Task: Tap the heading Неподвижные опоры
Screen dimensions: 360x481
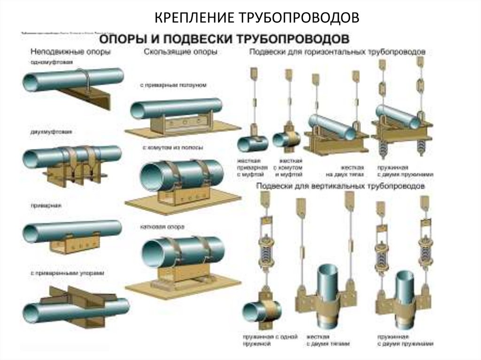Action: pyautogui.click(x=70, y=52)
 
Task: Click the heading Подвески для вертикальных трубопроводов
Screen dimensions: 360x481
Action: pyautogui.click(x=341, y=186)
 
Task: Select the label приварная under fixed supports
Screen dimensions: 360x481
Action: pyautogui.click(x=41, y=205)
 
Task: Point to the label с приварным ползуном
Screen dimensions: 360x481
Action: pyautogui.click(x=173, y=85)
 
